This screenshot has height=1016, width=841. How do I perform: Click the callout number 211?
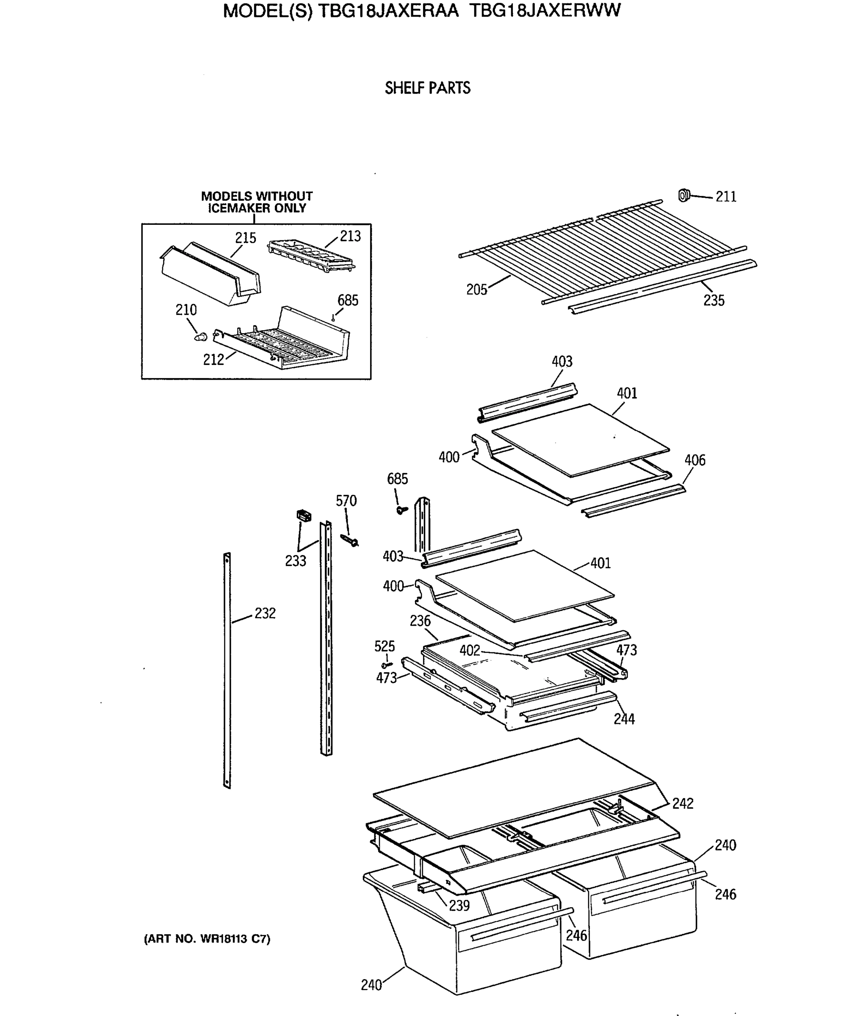pyautogui.click(x=725, y=197)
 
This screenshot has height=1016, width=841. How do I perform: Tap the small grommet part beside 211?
pyautogui.click(x=683, y=196)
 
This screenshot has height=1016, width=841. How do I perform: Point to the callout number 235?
pyautogui.click(x=714, y=301)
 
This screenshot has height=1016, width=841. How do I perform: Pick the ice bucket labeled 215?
pyautogui.click(x=210, y=273)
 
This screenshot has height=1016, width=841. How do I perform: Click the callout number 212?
pyautogui.click(x=213, y=359)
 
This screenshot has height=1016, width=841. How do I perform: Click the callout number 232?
pyautogui.click(x=265, y=613)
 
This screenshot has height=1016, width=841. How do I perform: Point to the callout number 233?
pyautogui.click(x=295, y=561)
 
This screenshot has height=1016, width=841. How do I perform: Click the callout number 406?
pyautogui.click(x=694, y=460)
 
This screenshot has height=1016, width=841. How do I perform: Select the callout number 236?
pyautogui.click(x=420, y=621)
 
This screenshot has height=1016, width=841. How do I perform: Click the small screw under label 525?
pyautogui.click(x=387, y=665)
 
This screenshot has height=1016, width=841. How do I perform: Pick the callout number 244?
pyautogui.click(x=624, y=719)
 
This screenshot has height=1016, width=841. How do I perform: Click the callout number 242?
pyautogui.click(x=682, y=803)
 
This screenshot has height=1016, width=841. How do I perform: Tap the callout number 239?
pyautogui.click(x=459, y=906)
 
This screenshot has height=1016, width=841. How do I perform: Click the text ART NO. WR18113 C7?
pyautogui.click(x=207, y=939)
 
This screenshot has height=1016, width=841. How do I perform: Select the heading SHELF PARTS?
pyautogui.click(x=427, y=88)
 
